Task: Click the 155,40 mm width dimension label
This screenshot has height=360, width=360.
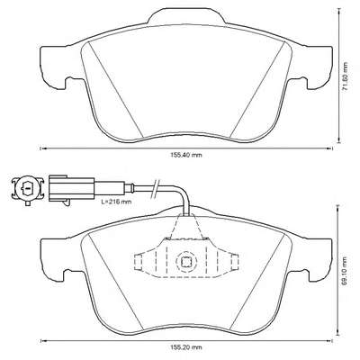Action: pyautogui.click(x=186, y=155)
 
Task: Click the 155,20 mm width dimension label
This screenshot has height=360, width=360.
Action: pyautogui.click(x=186, y=347)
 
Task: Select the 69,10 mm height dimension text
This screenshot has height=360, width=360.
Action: pyautogui.click(x=346, y=271)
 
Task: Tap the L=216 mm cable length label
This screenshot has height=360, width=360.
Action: pyautogui.click(x=116, y=202)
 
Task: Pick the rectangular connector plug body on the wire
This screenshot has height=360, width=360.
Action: pyautogui.click(x=71, y=187)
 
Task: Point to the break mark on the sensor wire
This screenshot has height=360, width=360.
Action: pyautogui.click(x=156, y=188)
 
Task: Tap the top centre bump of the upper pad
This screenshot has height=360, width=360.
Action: pyautogui.click(x=186, y=16)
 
